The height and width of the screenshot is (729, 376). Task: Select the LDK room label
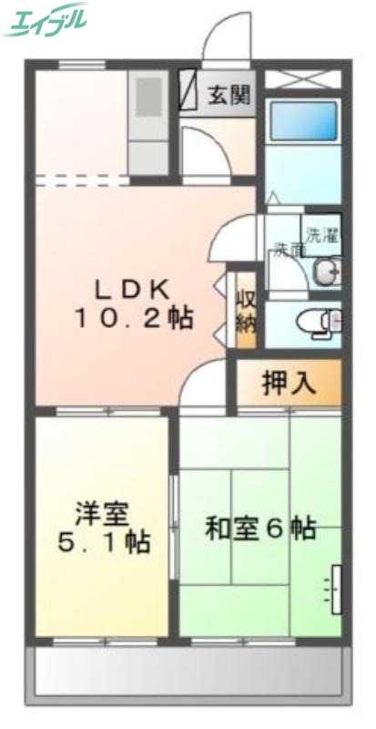[x=133, y=289]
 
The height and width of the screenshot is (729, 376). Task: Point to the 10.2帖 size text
[x=133, y=319]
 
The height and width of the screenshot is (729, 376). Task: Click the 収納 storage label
[x=245, y=310]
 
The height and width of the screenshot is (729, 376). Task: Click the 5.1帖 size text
[x=102, y=543]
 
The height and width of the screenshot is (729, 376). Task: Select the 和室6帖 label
[x=259, y=529]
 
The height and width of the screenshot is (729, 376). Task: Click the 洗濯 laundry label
[x=321, y=234]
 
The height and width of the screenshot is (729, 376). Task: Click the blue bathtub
[x=303, y=121]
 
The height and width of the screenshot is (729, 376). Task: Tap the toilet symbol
[x=319, y=321]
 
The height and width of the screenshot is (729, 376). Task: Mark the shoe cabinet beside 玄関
[x=188, y=90]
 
